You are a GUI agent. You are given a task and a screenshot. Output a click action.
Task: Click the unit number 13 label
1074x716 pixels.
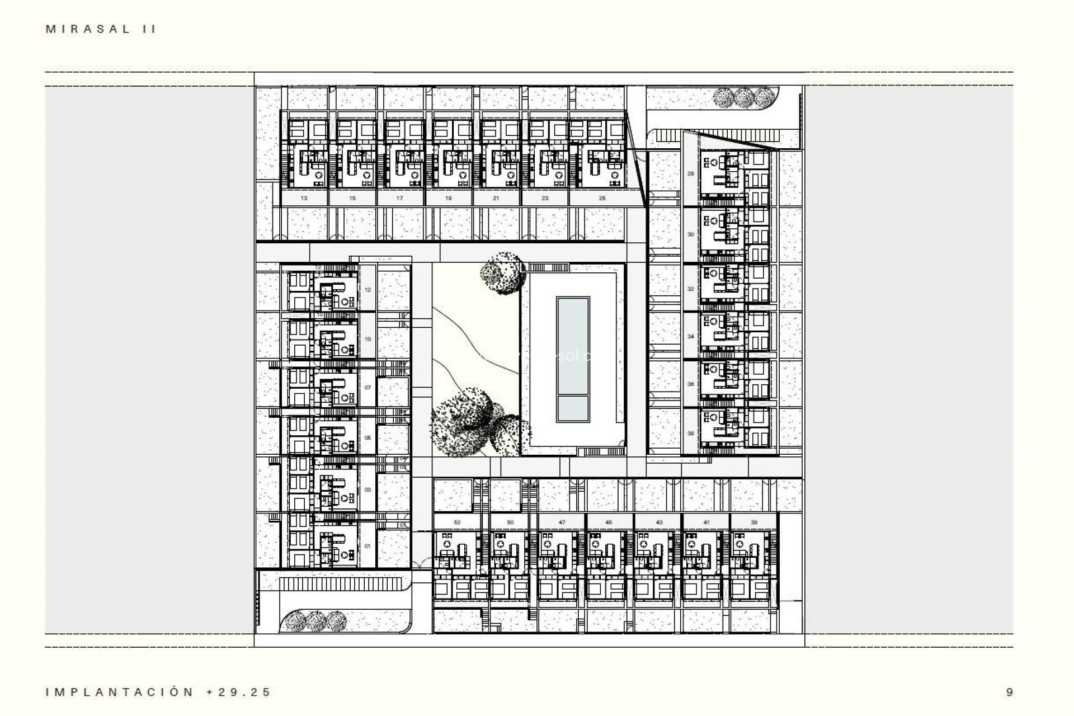click(304, 198)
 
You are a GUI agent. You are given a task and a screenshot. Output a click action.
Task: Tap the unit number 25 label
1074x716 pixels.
click(602, 198)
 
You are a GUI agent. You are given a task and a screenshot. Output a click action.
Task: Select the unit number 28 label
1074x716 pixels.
click(690, 174)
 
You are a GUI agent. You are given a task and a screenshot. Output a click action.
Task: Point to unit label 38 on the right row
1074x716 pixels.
click(690, 434)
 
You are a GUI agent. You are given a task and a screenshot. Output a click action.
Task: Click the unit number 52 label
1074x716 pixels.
click(457, 522)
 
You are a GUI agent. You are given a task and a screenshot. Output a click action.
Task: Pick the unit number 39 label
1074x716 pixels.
click(754, 522)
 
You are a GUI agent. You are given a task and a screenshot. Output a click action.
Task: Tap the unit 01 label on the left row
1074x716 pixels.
click(368, 545)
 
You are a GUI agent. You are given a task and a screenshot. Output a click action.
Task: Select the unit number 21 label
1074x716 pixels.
click(496, 198)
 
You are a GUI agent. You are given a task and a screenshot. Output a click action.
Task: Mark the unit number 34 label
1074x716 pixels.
click(690, 337)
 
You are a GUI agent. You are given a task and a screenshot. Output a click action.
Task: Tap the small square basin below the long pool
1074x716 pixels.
click(573, 409)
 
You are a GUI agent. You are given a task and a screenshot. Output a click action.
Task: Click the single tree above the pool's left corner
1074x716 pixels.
click(502, 272)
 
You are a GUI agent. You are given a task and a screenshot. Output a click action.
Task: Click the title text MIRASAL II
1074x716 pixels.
click(101, 30)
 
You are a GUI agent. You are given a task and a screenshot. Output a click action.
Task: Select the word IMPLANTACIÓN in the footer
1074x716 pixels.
click(119, 692)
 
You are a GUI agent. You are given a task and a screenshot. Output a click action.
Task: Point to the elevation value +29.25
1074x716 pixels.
click(238, 692)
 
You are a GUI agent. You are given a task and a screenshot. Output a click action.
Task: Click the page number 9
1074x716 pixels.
click(1009, 692)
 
